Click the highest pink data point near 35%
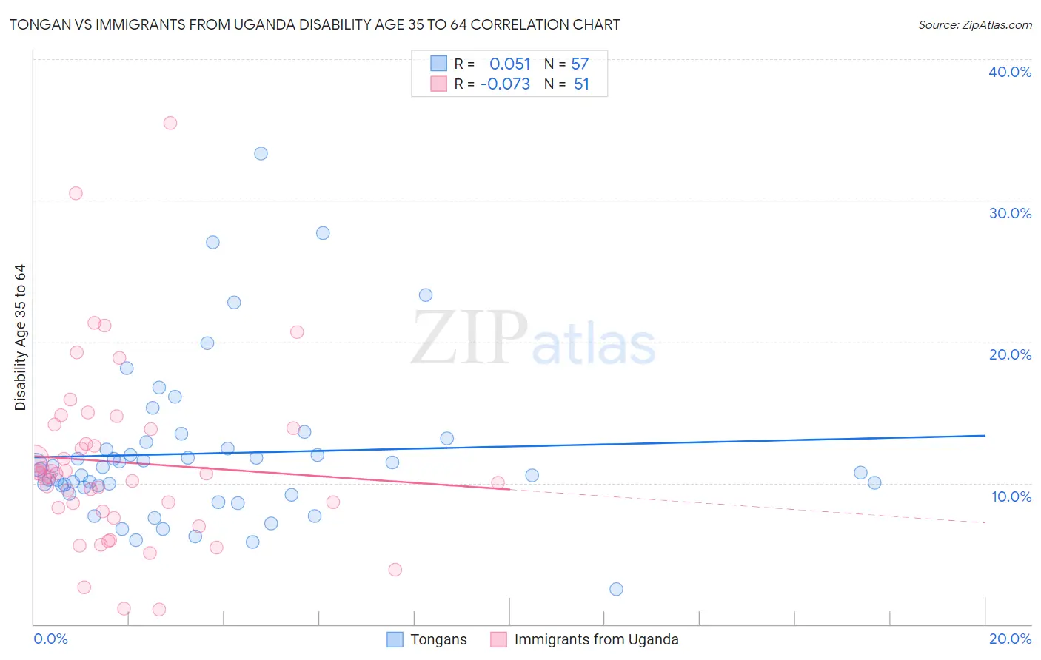170,123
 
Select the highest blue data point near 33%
261,154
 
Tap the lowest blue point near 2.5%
616,589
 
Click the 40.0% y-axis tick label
1010,72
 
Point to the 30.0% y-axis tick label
1010,213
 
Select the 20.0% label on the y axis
1010,354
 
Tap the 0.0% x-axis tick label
50,639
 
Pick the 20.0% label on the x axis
1010,639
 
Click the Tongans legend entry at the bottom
438,640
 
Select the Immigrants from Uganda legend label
596,640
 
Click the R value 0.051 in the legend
509,64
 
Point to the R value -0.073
505,84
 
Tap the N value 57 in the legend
580,64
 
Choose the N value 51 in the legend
581,84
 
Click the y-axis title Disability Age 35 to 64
20,337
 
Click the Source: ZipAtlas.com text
974,25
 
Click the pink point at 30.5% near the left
76,193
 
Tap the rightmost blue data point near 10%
874,483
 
